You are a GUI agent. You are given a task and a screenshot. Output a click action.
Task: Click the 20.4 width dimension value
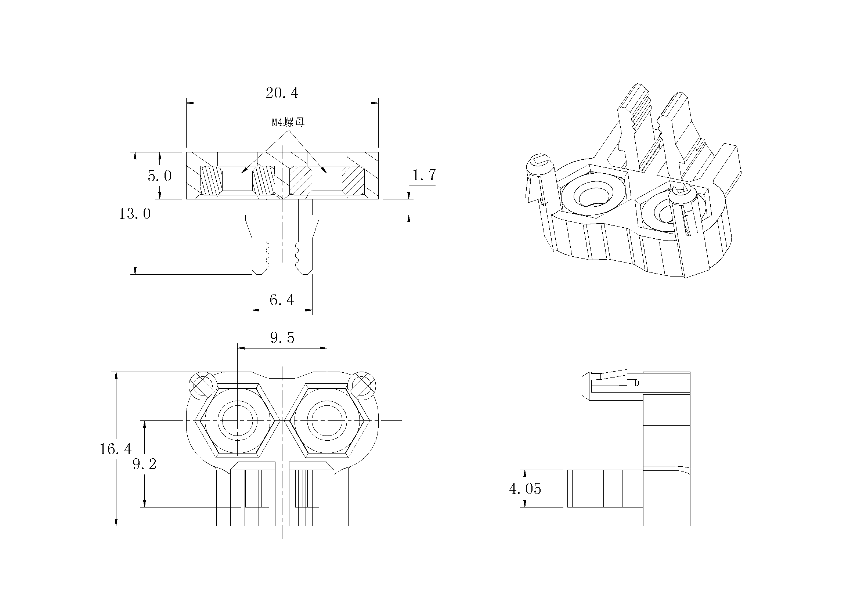[x=282, y=93]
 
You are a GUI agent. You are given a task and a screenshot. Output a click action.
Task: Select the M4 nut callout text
[x=288, y=122]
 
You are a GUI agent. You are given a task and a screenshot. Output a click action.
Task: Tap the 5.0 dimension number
[x=160, y=176]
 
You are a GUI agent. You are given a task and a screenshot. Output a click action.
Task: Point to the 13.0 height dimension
[x=135, y=214]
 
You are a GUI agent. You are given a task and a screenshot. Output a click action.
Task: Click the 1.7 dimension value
[x=424, y=175]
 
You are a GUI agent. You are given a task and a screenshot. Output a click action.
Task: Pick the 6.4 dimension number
[x=282, y=300]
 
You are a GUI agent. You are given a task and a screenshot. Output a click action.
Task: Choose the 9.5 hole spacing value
[x=282, y=338]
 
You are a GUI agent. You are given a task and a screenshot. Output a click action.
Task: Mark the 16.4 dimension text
[x=116, y=449]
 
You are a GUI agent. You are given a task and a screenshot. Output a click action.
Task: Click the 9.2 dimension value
[x=144, y=465]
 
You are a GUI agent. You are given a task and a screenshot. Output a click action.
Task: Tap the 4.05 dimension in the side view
[x=525, y=489]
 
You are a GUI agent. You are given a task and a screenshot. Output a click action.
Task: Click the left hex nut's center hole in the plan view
[x=238, y=420]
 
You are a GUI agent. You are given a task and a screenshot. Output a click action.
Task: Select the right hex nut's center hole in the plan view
[x=327, y=420]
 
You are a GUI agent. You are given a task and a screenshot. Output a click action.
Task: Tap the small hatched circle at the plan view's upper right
[x=361, y=384]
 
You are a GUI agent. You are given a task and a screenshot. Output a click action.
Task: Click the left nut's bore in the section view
[x=238, y=181]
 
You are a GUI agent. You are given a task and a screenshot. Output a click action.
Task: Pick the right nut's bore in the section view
[x=327, y=181]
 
